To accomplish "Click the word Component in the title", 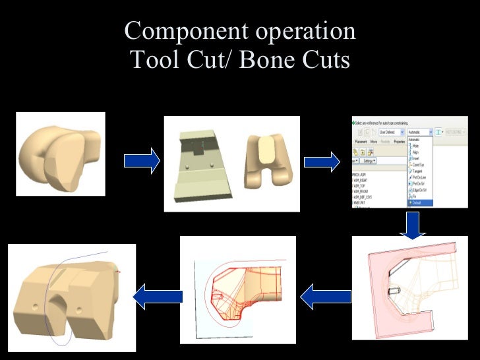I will (175, 31).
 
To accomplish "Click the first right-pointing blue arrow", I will (142, 160).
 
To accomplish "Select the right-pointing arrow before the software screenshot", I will (322, 160).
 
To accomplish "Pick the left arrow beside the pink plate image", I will (318, 297).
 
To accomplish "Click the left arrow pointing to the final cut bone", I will (158, 297).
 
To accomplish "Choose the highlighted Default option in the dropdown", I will (417, 202).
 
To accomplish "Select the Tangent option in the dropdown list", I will (418, 169).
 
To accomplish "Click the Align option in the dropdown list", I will (416, 152).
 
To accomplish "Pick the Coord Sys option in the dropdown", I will (419, 164).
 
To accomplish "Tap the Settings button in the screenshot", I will (367, 160).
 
